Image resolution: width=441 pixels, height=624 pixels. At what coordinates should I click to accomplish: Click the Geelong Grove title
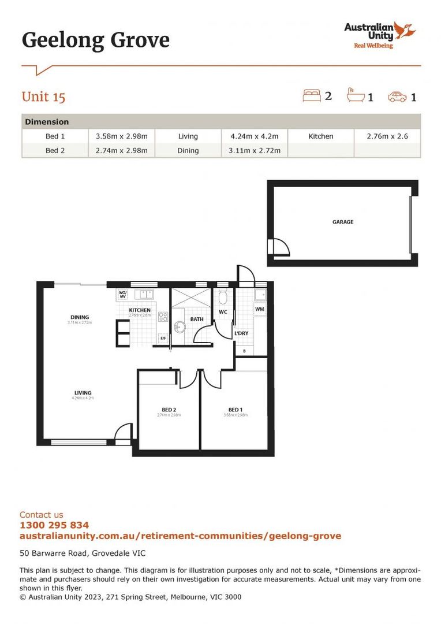pyautogui.click(x=96, y=40)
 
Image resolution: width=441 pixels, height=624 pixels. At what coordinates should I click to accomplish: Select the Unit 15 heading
pyautogui.click(x=43, y=96)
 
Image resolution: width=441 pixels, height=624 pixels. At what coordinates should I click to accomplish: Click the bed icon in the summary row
pyautogui.click(x=311, y=95)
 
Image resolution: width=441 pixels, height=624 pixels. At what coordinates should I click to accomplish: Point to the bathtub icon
pyautogui.click(x=354, y=95)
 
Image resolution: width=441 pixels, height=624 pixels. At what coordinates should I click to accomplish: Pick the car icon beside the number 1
pyautogui.click(x=397, y=96)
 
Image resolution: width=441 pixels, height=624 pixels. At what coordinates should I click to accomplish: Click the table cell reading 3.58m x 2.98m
pyautogui.click(x=122, y=136)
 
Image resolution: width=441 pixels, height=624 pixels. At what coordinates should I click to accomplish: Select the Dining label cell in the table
pyautogui.click(x=188, y=150)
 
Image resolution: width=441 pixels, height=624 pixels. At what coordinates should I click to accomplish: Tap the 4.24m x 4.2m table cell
pyautogui.click(x=255, y=136)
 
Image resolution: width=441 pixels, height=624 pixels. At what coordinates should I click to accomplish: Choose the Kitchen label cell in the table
pyautogui.click(x=321, y=136)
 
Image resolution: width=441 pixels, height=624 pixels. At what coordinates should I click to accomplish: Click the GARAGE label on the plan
pyautogui.click(x=343, y=222)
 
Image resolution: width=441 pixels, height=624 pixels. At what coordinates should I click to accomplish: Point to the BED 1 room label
pyautogui.click(x=236, y=410)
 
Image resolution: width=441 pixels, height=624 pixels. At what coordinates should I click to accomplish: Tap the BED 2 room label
pyautogui.click(x=169, y=410)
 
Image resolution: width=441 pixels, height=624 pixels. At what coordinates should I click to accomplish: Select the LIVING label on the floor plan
pyautogui.click(x=83, y=393)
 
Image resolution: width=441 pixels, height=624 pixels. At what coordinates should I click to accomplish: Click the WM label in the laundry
pyautogui.click(x=259, y=310)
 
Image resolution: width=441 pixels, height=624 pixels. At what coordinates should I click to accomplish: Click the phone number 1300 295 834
pyautogui.click(x=54, y=525)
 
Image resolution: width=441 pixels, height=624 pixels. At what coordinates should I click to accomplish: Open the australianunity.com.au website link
pyautogui.click(x=180, y=536)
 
